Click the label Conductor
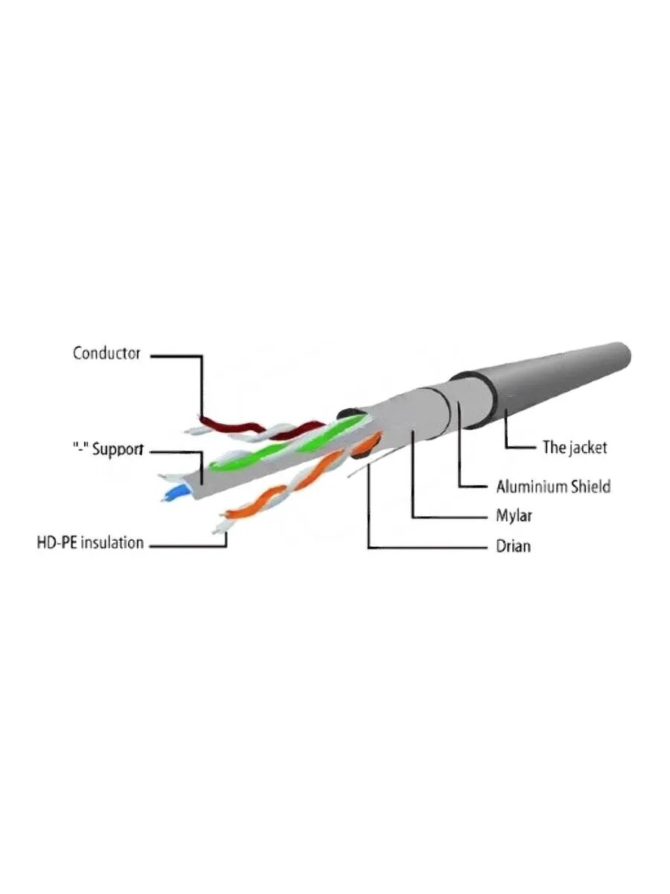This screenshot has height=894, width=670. (106, 353)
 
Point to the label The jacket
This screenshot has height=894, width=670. (574, 447)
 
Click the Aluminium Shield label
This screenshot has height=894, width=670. (553, 487)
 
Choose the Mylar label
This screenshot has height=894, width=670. (514, 516)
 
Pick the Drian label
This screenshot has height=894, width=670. (513, 546)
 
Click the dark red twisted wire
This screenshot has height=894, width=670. (231, 429)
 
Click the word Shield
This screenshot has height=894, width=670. (590, 487)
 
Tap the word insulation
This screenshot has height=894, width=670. (112, 542)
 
